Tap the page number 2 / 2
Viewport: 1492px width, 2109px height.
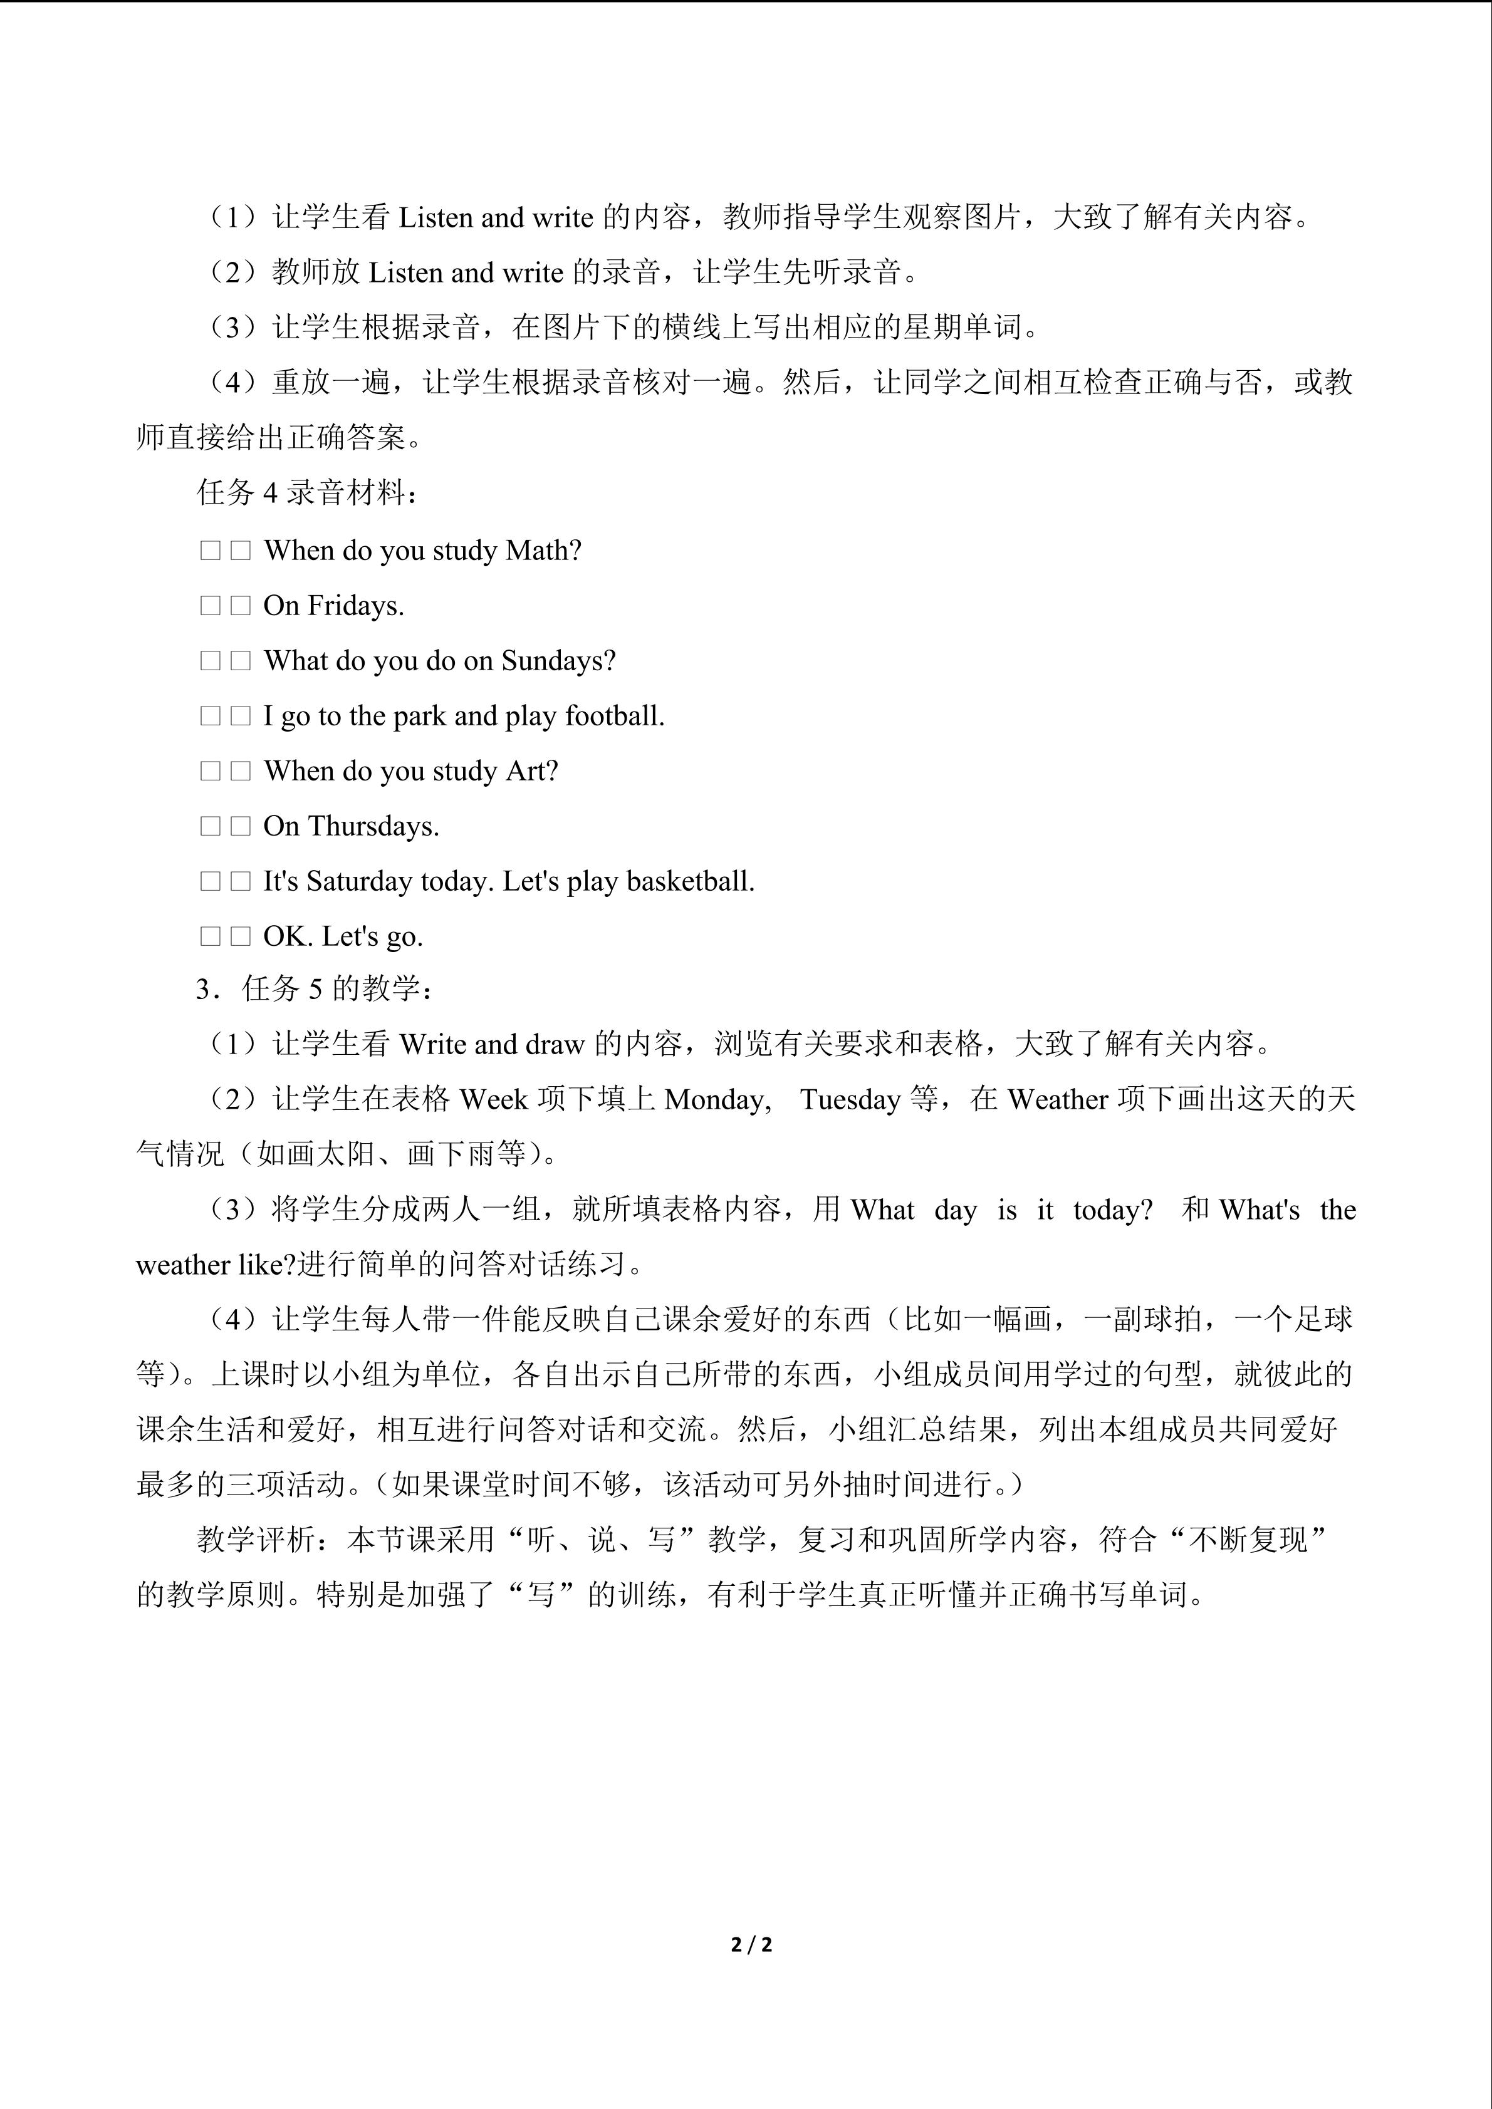coord(751,1945)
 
